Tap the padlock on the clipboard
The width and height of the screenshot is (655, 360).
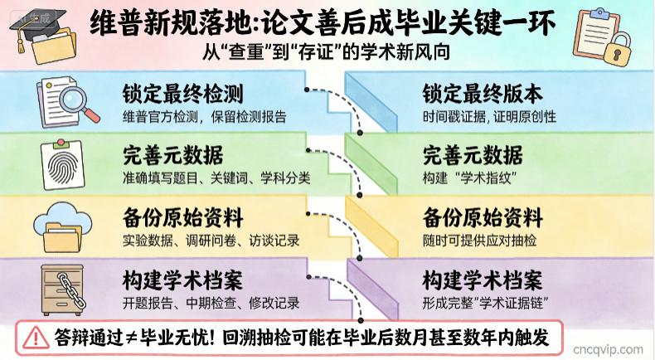[x=617, y=49]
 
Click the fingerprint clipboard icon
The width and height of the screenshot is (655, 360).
[x=63, y=165]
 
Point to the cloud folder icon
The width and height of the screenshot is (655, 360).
[x=63, y=227]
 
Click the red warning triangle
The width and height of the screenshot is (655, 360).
[x=36, y=338]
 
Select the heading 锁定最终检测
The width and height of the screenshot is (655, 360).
[x=182, y=93]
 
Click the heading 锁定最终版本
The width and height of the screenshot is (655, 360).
[x=483, y=93]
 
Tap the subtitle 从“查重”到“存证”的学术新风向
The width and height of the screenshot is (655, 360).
[x=326, y=52]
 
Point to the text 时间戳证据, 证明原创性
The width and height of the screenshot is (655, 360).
[x=489, y=117]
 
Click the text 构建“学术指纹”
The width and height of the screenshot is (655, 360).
[x=469, y=178]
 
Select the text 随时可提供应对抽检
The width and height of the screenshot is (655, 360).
[x=479, y=241]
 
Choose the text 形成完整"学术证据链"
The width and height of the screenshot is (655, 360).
[x=485, y=303]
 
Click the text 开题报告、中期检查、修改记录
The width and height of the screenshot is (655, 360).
[x=211, y=303]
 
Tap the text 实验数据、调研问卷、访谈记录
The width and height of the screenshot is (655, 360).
[x=211, y=241]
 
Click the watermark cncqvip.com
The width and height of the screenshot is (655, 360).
[x=608, y=349]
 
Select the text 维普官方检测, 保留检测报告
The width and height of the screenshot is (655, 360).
[x=204, y=117]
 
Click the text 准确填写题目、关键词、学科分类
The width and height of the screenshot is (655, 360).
[x=216, y=178]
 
